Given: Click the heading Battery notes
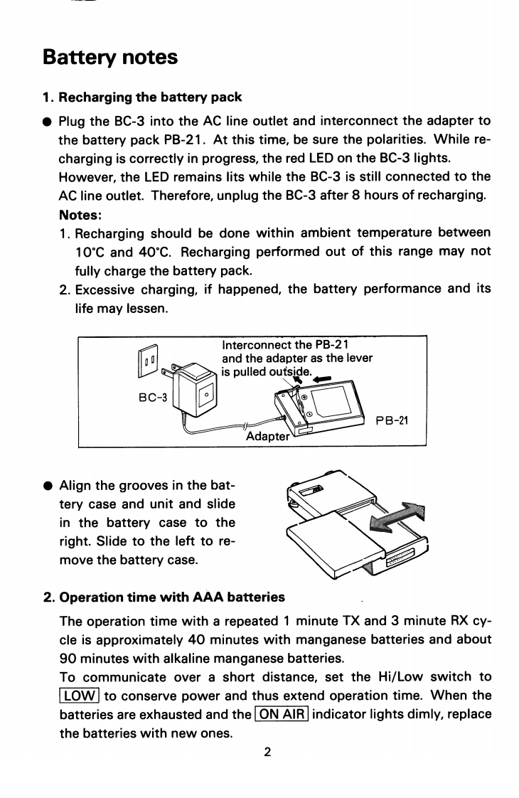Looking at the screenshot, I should [x=110, y=57].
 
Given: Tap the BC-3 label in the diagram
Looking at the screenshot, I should [x=151, y=397].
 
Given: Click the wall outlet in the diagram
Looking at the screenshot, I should [x=149, y=363].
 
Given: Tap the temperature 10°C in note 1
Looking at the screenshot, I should [x=92, y=252].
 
